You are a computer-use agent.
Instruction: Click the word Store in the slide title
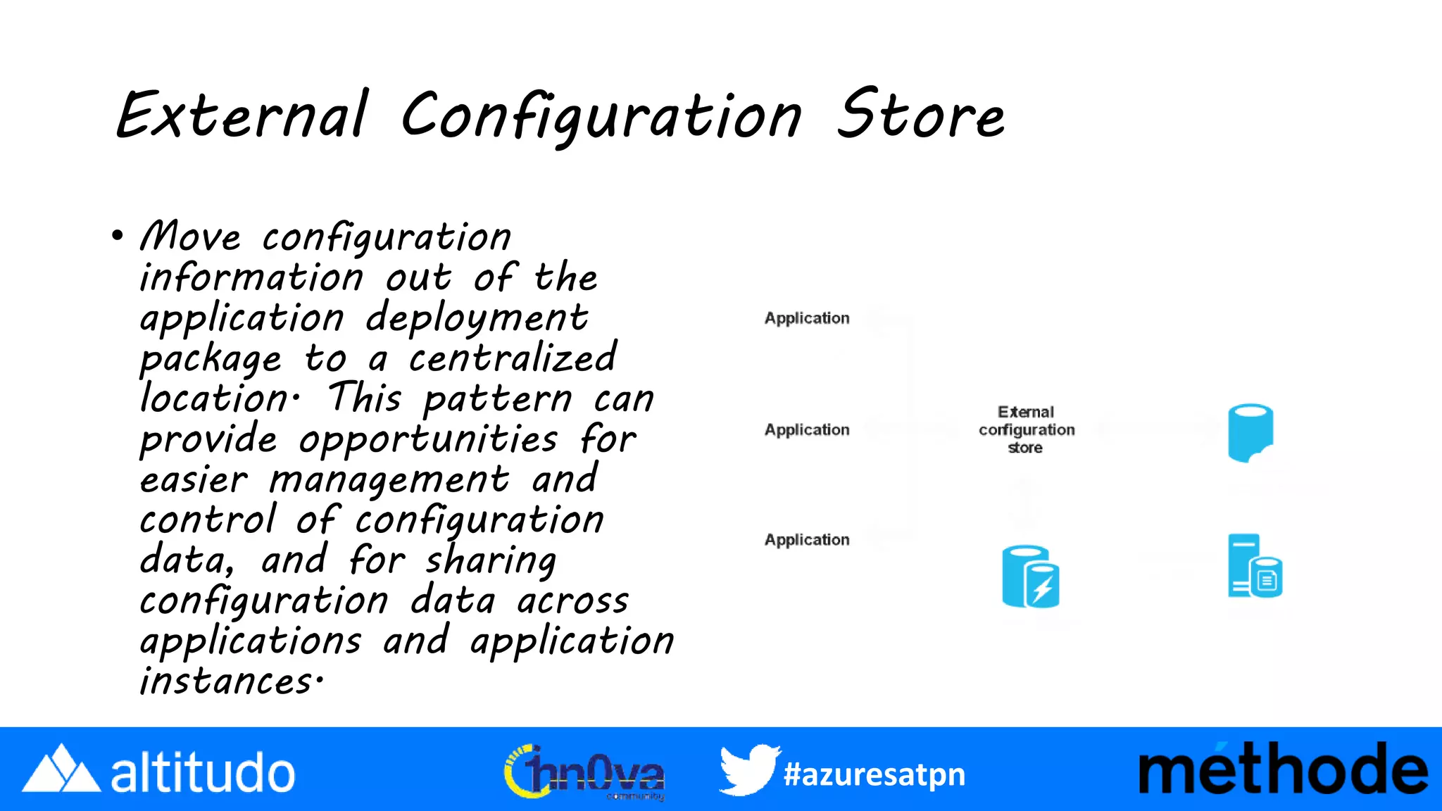tap(921, 115)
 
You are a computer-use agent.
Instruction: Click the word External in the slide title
tap(242, 115)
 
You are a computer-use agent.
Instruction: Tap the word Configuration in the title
tap(602, 116)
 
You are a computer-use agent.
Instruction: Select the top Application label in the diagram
tap(807, 318)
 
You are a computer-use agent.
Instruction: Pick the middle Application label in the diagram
tap(807, 429)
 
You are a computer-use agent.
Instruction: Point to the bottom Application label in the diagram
tap(807, 540)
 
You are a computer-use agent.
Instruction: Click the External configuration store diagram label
tap(1026, 429)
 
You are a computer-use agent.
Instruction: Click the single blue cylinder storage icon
tap(1250, 432)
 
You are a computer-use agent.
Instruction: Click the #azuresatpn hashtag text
tap(874, 774)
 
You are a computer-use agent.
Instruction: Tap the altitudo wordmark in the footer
tap(203, 773)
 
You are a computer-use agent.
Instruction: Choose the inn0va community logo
tap(584, 772)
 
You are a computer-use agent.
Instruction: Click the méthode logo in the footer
tap(1283, 769)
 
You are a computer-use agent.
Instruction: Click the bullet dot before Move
tap(117, 235)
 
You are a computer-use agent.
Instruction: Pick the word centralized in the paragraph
tap(513, 358)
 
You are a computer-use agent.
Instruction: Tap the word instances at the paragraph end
tap(226, 681)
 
